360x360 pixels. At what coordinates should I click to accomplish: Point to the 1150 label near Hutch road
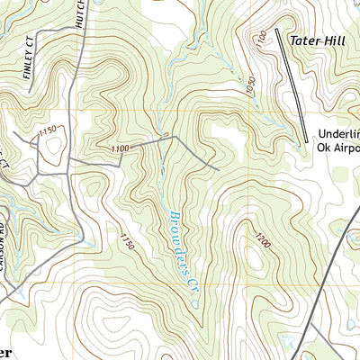[47, 130]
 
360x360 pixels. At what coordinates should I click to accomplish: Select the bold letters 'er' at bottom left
[5, 352]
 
